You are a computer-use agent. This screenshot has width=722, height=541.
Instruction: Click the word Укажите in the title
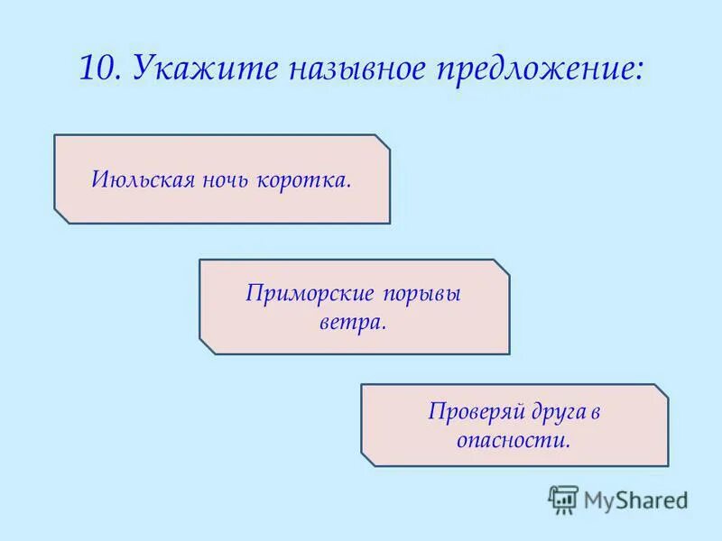pyautogui.click(x=185, y=69)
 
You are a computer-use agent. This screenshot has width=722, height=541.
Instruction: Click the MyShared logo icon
pyautogui.click(x=563, y=499)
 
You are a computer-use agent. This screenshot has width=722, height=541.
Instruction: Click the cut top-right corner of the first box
pyautogui.click(x=383, y=142)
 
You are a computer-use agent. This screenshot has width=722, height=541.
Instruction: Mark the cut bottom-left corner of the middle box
pyautogui.click(x=207, y=346)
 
